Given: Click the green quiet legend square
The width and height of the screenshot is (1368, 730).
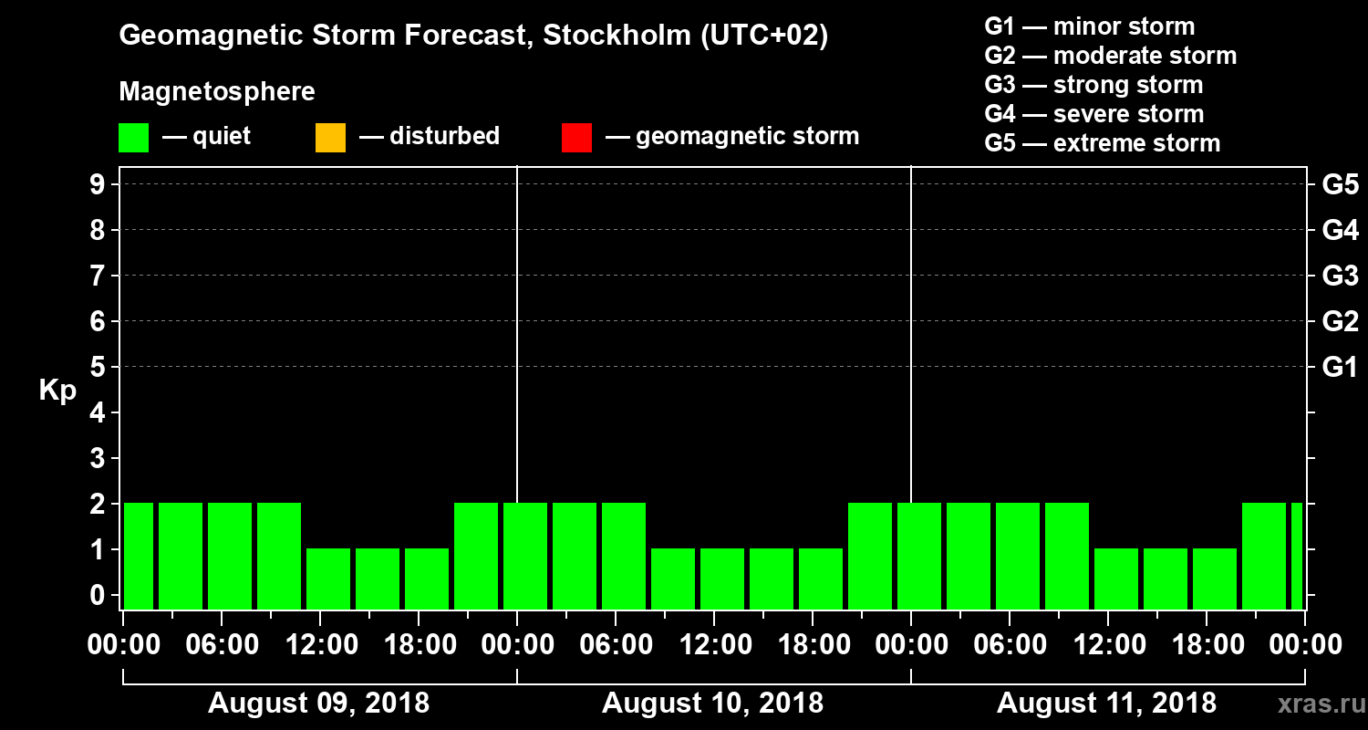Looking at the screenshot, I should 133,137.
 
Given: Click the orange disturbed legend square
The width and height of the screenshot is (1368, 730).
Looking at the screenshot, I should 330,137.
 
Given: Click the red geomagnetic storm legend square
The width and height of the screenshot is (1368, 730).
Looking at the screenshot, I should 576,137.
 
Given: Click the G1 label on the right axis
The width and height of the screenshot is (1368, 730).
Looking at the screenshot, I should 1340,368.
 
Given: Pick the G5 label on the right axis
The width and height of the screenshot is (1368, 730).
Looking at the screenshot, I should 1340,185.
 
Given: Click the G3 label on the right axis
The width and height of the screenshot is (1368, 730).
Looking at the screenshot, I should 1340,276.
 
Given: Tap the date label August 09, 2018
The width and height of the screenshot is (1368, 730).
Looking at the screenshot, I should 319,704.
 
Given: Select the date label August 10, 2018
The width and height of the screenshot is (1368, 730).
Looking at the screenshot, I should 712,704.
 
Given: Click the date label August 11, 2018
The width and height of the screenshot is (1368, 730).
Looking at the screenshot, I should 1106,704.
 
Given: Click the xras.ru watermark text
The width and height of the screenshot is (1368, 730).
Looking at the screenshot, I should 1314,704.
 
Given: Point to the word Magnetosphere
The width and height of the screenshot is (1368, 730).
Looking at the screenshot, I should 217,92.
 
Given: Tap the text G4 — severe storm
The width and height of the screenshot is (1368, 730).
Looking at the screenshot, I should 1094,114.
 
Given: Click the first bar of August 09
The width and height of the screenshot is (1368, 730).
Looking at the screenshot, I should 139,556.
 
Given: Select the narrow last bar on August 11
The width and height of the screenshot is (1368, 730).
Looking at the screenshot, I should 1297,556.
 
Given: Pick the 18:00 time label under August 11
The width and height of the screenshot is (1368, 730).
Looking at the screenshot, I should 1207,645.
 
